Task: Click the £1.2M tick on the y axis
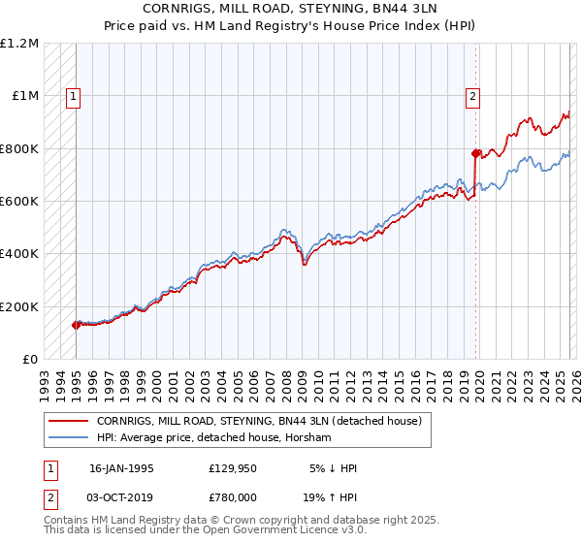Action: point(21,44)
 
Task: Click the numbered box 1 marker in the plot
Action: point(74,96)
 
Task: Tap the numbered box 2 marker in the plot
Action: point(472,96)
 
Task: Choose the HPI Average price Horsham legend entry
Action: point(213,438)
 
